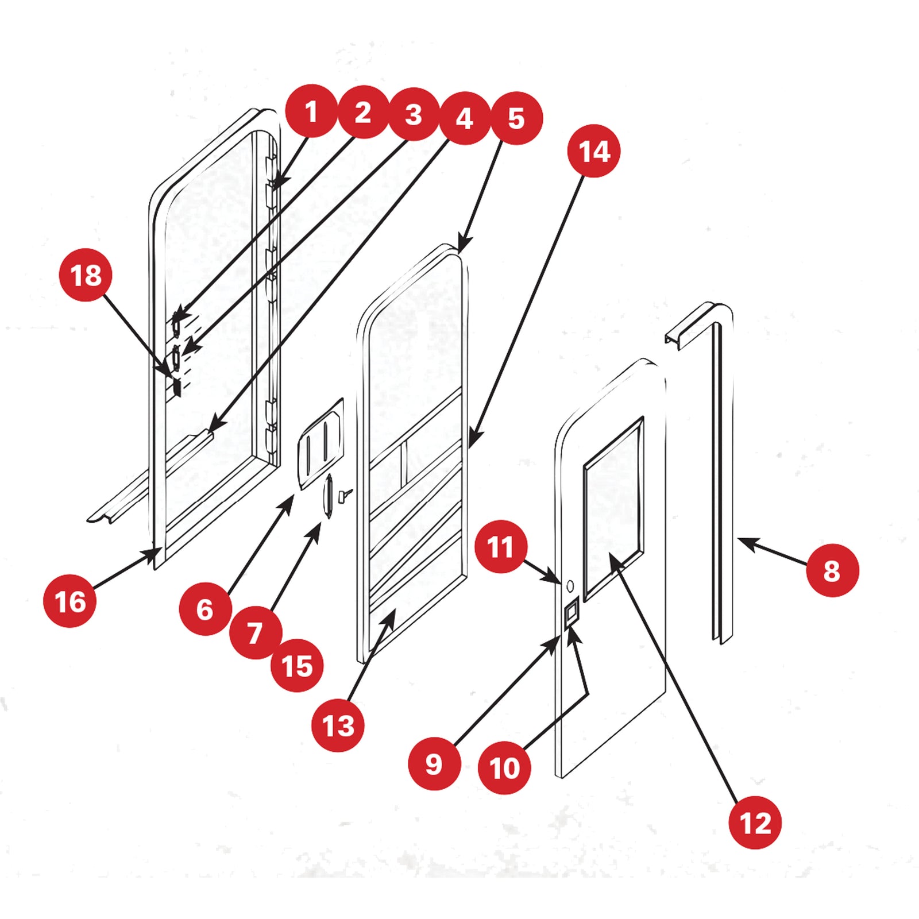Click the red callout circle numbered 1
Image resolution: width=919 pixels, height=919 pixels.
click(311, 111)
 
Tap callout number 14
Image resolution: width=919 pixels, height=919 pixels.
click(593, 151)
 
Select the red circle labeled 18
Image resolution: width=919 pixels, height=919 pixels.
click(86, 275)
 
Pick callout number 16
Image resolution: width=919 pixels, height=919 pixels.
click(69, 601)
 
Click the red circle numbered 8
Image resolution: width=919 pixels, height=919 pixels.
click(832, 570)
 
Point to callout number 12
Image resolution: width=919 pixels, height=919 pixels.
click(755, 823)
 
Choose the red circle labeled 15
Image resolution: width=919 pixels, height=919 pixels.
click(296, 665)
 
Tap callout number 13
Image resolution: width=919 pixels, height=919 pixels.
click(338, 725)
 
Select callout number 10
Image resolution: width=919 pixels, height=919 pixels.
click(504, 767)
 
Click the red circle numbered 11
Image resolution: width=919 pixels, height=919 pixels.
click(500, 546)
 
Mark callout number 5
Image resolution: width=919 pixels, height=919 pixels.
click(516, 118)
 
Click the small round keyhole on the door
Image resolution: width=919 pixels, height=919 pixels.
click(570, 586)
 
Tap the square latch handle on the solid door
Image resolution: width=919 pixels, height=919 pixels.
click(572, 615)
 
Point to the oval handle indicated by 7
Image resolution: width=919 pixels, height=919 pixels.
click(329, 497)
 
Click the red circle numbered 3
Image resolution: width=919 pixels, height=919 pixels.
click(414, 114)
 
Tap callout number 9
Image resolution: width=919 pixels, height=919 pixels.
click(434, 763)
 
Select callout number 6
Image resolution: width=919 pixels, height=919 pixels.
click(205, 609)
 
